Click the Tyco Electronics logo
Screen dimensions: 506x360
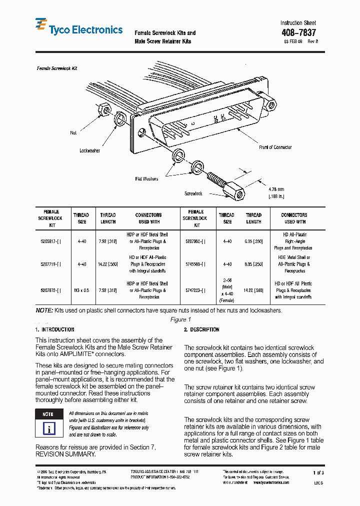point(78,29)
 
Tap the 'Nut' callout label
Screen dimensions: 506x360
point(73,133)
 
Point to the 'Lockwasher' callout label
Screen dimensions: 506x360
point(90,150)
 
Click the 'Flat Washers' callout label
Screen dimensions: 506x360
point(146,178)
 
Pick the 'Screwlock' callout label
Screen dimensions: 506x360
point(193,193)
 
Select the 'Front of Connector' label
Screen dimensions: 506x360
point(275,147)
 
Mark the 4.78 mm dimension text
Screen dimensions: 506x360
point(276,189)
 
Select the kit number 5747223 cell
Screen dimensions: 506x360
point(194,290)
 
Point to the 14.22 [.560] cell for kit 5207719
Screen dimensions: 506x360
point(107,264)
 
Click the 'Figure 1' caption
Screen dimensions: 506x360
point(180,319)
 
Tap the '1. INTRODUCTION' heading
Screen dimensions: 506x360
point(55,330)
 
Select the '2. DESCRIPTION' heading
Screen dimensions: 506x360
point(201,330)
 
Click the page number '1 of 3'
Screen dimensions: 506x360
point(318,472)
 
